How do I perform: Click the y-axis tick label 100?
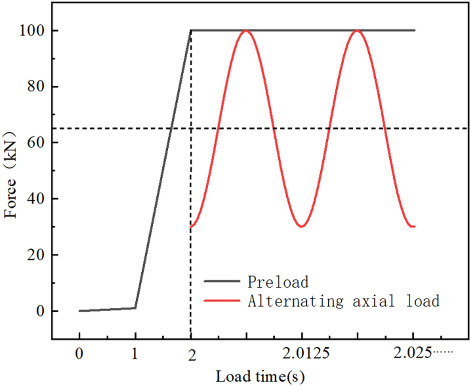click(33, 30)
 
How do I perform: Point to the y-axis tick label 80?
click(36, 87)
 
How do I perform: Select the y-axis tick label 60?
click(36, 143)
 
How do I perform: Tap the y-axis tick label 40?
click(36, 199)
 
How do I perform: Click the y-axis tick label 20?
click(36, 255)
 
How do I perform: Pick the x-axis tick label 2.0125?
click(301, 353)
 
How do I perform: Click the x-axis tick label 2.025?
click(412, 353)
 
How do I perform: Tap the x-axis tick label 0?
click(79, 353)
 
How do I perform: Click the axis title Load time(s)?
click(260, 375)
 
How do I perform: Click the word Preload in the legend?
click(278, 282)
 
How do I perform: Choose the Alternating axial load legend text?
click(343, 301)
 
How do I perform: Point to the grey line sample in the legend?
click(222, 282)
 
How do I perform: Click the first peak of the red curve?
click(245, 30)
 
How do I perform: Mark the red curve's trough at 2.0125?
click(301, 226)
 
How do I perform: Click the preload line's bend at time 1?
click(135, 307)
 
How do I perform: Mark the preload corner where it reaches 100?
click(191, 30)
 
